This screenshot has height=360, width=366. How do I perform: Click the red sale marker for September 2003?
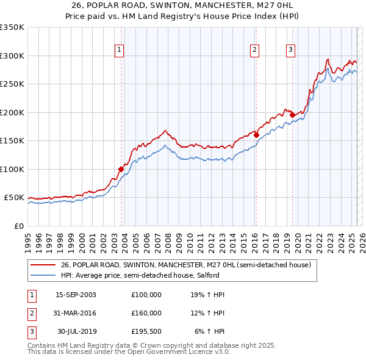(121, 170)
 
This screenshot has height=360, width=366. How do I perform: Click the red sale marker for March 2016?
(256, 135)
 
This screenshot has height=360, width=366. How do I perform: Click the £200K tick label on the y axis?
(12, 112)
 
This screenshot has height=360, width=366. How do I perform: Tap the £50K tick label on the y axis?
(15, 198)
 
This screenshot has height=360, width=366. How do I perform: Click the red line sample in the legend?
(43, 265)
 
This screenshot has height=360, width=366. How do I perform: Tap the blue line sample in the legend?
(43, 275)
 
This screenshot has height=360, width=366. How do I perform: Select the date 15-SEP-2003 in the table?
(76, 295)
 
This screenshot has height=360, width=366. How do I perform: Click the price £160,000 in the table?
(146, 313)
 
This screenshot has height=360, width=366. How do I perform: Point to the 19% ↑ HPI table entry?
(207, 295)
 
